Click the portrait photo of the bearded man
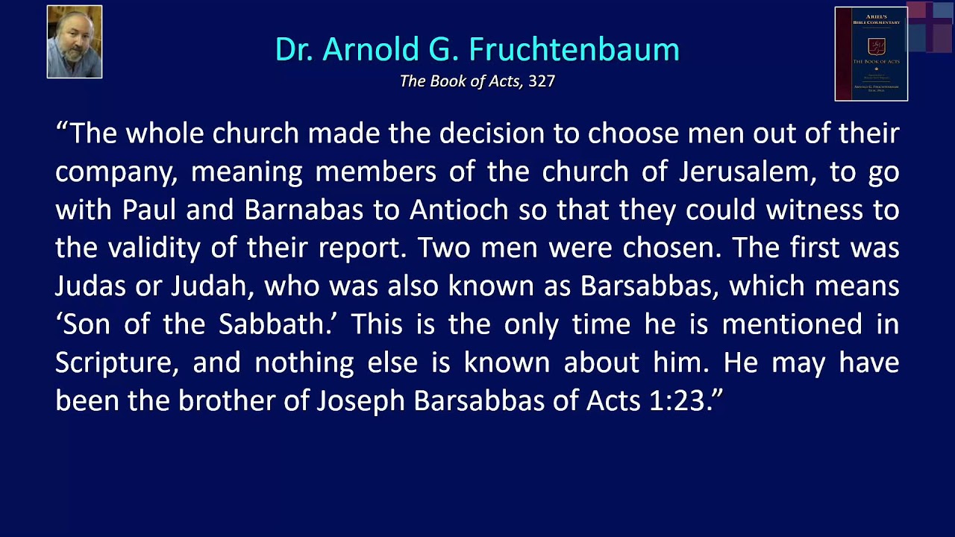point(75,42)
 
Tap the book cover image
point(871,54)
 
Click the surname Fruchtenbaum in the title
point(574,49)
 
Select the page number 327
point(542,81)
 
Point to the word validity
point(154,248)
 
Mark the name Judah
point(210,286)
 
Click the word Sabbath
point(279,324)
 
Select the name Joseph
point(360,401)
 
